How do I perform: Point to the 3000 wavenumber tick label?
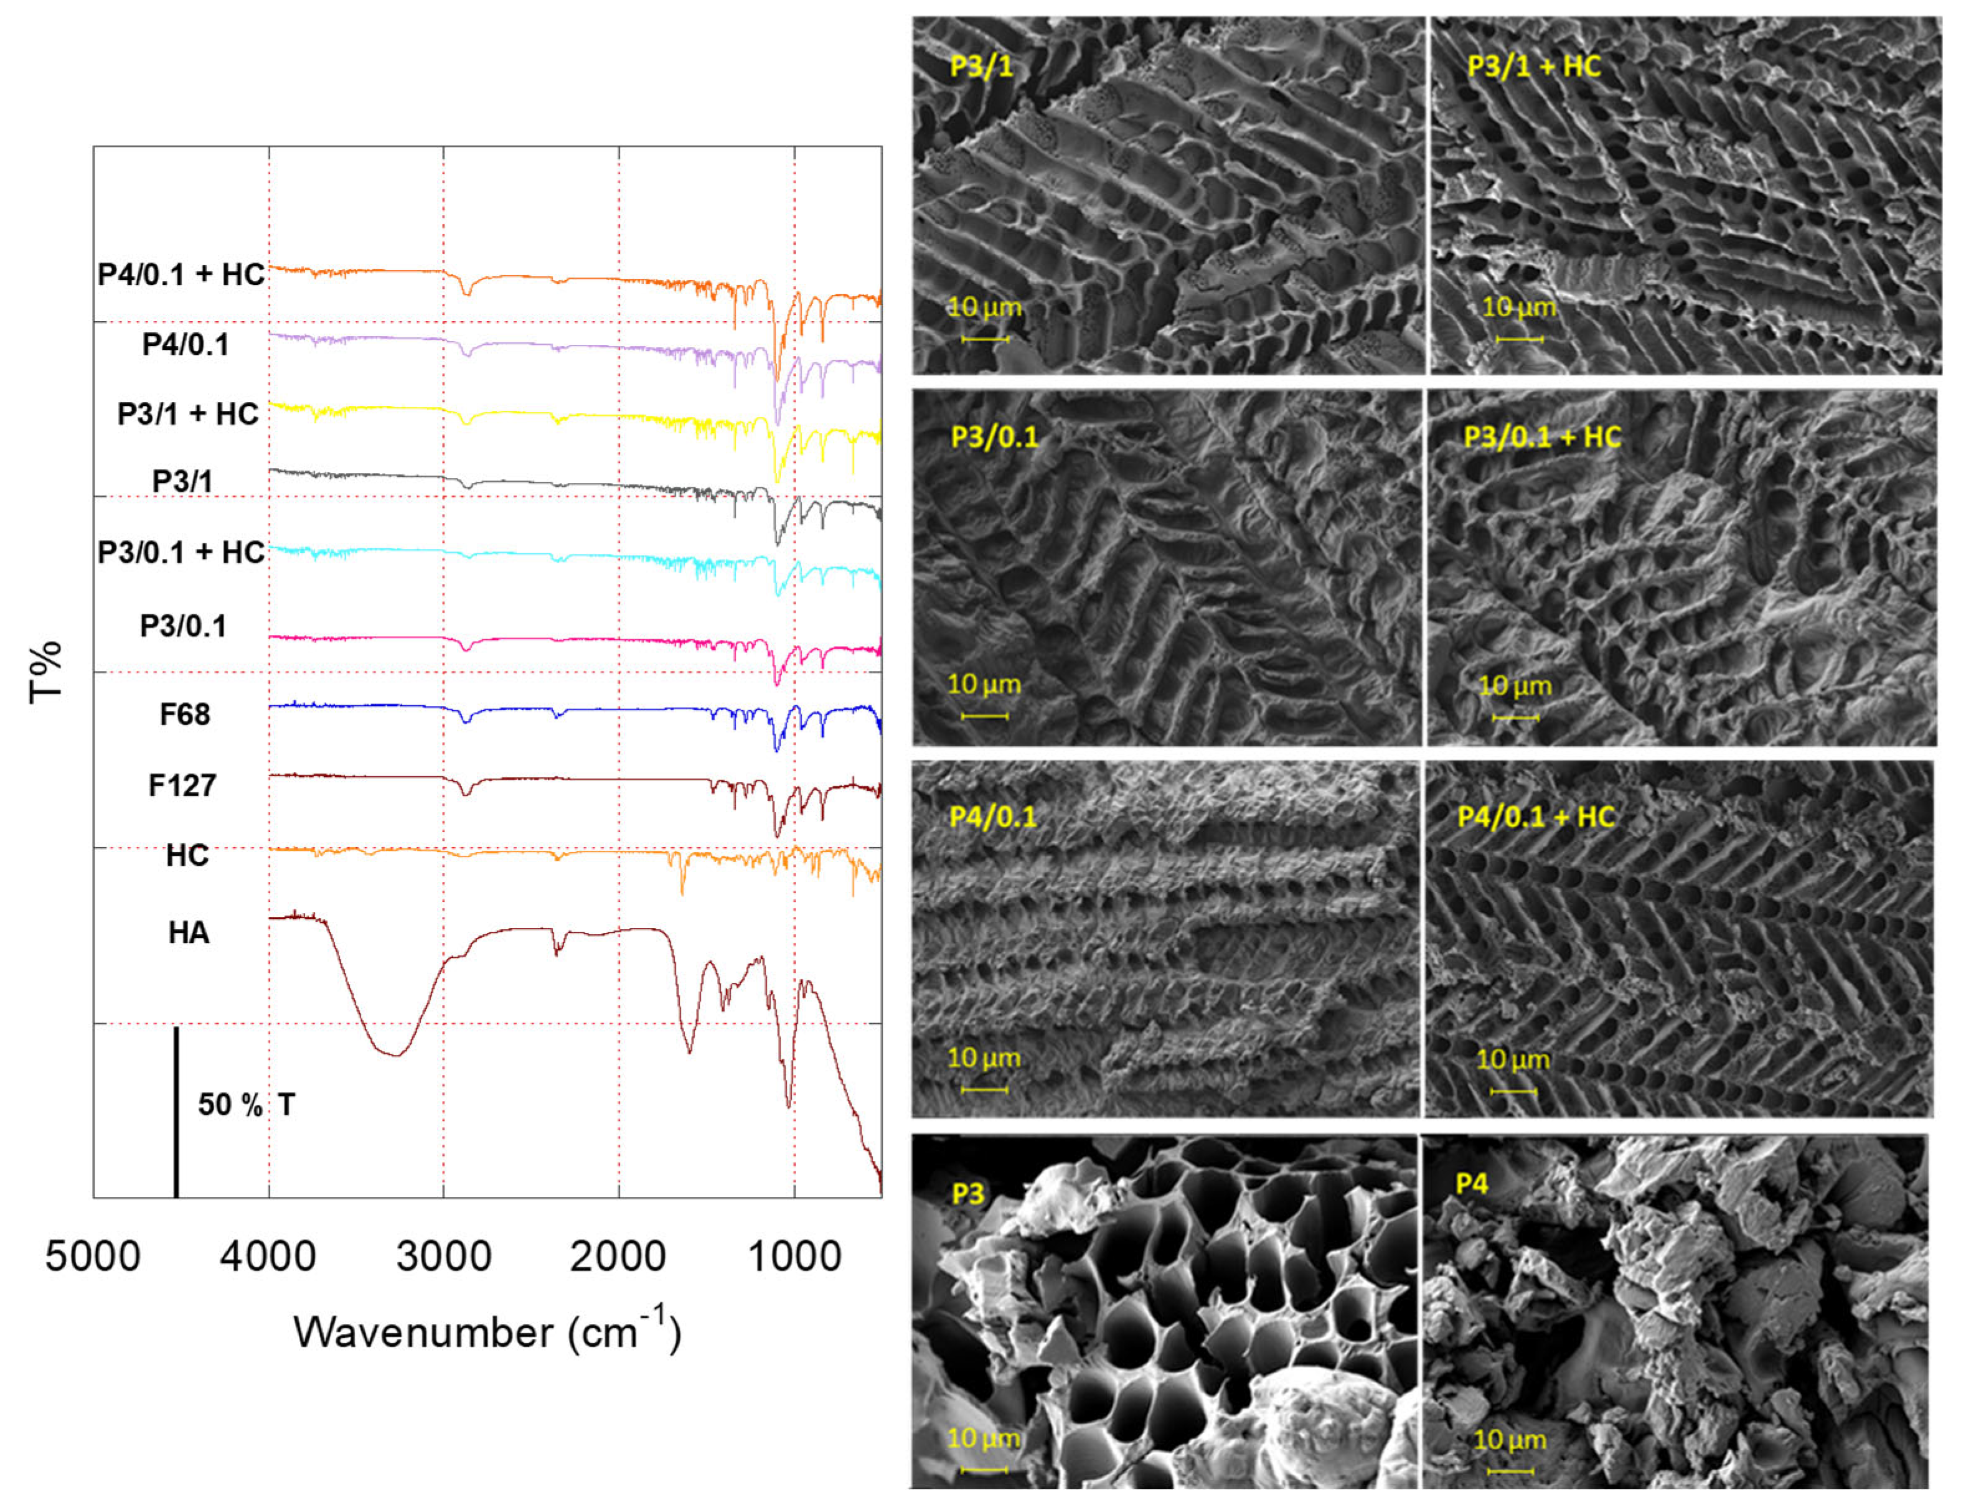coord(443,1256)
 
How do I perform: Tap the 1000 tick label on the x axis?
coord(794,1256)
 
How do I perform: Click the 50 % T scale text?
coord(247,1105)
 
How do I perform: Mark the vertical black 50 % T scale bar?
coord(176,1111)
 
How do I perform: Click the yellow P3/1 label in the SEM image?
coord(981,67)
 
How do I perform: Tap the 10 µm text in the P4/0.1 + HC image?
coord(1512,1060)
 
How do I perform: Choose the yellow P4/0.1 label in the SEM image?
coord(992,817)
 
